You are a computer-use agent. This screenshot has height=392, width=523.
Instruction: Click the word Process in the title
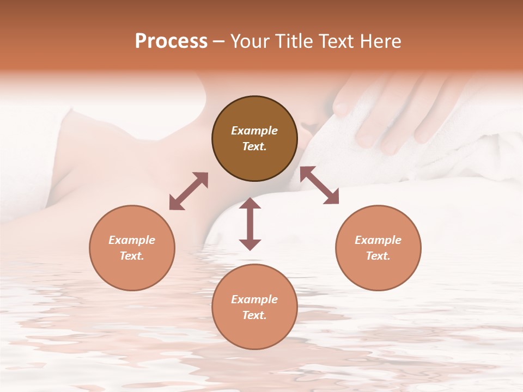[171, 41]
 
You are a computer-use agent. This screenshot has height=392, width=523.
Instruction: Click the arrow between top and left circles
[188, 191]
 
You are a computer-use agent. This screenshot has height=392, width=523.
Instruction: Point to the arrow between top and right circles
[319, 186]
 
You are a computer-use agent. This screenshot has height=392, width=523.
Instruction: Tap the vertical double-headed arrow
[250, 224]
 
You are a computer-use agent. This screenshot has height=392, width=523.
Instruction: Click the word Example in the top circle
[254, 131]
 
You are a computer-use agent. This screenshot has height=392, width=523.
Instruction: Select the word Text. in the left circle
[132, 256]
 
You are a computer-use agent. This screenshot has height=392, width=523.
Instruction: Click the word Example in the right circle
[378, 240]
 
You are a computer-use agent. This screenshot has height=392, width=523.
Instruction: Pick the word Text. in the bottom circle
[254, 315]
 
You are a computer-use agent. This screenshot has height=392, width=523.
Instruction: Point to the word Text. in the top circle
[254, 146]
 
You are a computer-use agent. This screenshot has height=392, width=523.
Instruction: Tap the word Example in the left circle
[132, 240]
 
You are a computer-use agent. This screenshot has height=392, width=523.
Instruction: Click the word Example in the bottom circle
[254, 299]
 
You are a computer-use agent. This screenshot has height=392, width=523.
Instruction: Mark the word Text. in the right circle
[378, 256]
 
